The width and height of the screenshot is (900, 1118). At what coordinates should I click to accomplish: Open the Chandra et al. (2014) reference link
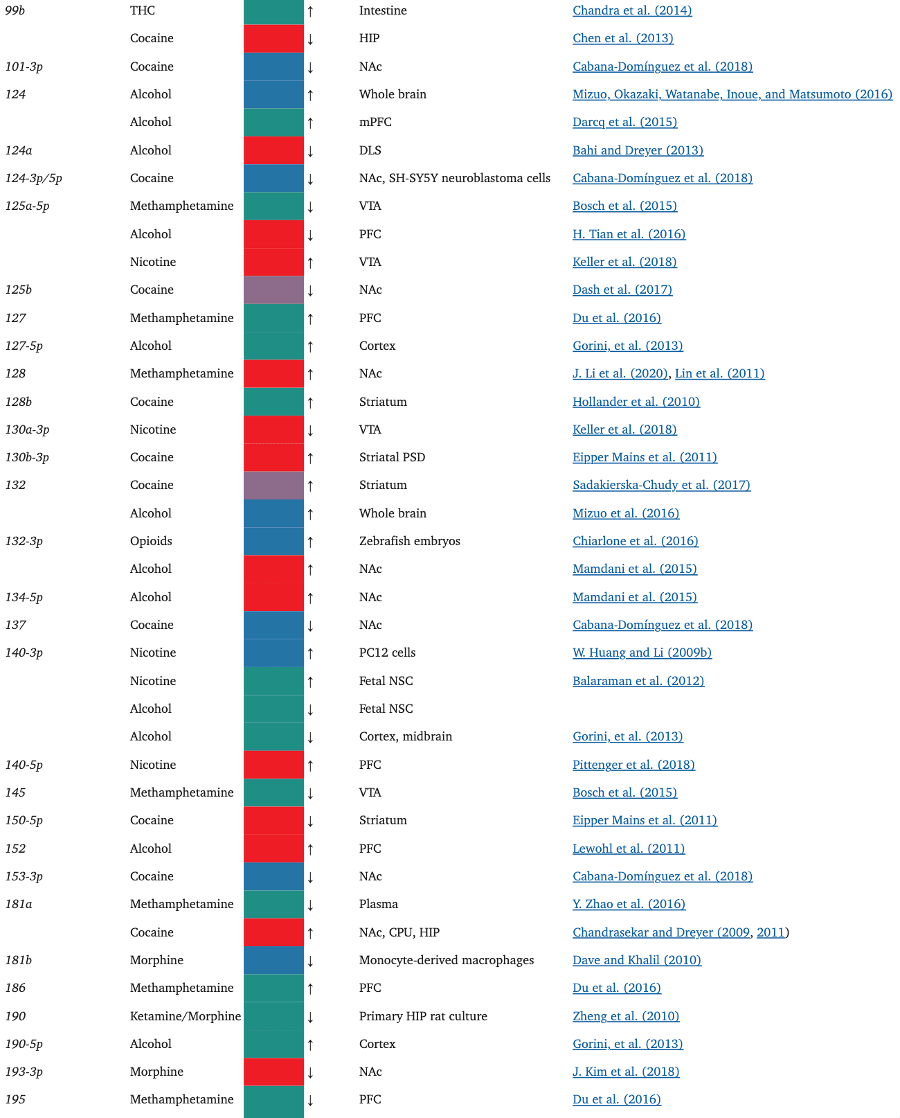point(632,10)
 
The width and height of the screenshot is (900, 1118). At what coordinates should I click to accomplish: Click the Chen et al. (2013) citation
point(622,38)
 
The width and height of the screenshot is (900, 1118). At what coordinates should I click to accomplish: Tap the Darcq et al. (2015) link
point(624,122)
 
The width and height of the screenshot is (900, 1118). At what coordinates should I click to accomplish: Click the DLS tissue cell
point(370,150)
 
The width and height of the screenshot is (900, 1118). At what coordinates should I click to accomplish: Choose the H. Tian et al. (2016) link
point(629,234)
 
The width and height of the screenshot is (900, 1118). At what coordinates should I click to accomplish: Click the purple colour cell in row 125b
point(273,290)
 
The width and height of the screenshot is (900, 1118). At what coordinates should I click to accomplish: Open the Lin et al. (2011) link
point(719,373)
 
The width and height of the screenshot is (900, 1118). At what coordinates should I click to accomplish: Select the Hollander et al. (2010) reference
point(636,402)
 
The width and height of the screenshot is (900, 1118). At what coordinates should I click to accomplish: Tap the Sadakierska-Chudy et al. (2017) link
point(661,485)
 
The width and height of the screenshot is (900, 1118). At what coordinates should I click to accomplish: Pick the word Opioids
point(151,541)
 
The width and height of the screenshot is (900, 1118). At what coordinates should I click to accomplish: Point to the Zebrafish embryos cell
point(409,541)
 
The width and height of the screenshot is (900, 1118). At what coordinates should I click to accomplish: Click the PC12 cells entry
point(387,653)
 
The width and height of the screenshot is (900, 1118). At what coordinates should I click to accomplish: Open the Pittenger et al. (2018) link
point(633,765)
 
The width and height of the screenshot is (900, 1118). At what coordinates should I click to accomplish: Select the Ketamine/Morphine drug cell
point(186,1016)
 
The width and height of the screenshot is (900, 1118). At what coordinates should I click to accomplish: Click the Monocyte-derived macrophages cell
point(446,960)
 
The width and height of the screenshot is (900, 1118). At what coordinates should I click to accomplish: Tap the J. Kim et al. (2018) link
point(626,1072)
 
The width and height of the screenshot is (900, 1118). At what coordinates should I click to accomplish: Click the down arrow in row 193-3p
point(310,1072)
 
